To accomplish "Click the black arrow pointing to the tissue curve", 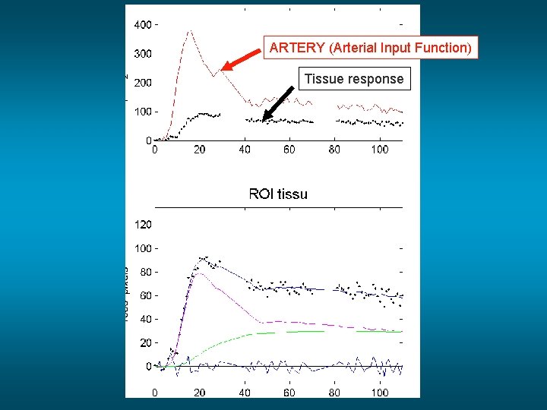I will point(279,102).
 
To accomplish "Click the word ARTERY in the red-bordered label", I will point(297,48).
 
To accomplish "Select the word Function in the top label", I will point(444,48).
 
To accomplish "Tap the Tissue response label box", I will point(354,79).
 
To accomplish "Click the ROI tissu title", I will point(278,194).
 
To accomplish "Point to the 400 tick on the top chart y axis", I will point(142,24).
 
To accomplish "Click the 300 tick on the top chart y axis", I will point(142,54).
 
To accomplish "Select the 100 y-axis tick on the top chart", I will point(142,112).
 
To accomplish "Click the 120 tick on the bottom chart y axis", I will point(142,225).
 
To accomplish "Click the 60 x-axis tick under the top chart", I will point(289,150).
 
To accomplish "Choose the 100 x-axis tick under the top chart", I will point(380,150).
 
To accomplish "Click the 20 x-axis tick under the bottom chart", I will point(199,393).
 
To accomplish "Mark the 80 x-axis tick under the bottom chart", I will point(334,393).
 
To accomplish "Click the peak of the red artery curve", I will point(190,32).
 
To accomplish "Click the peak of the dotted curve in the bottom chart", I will point(204,257).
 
